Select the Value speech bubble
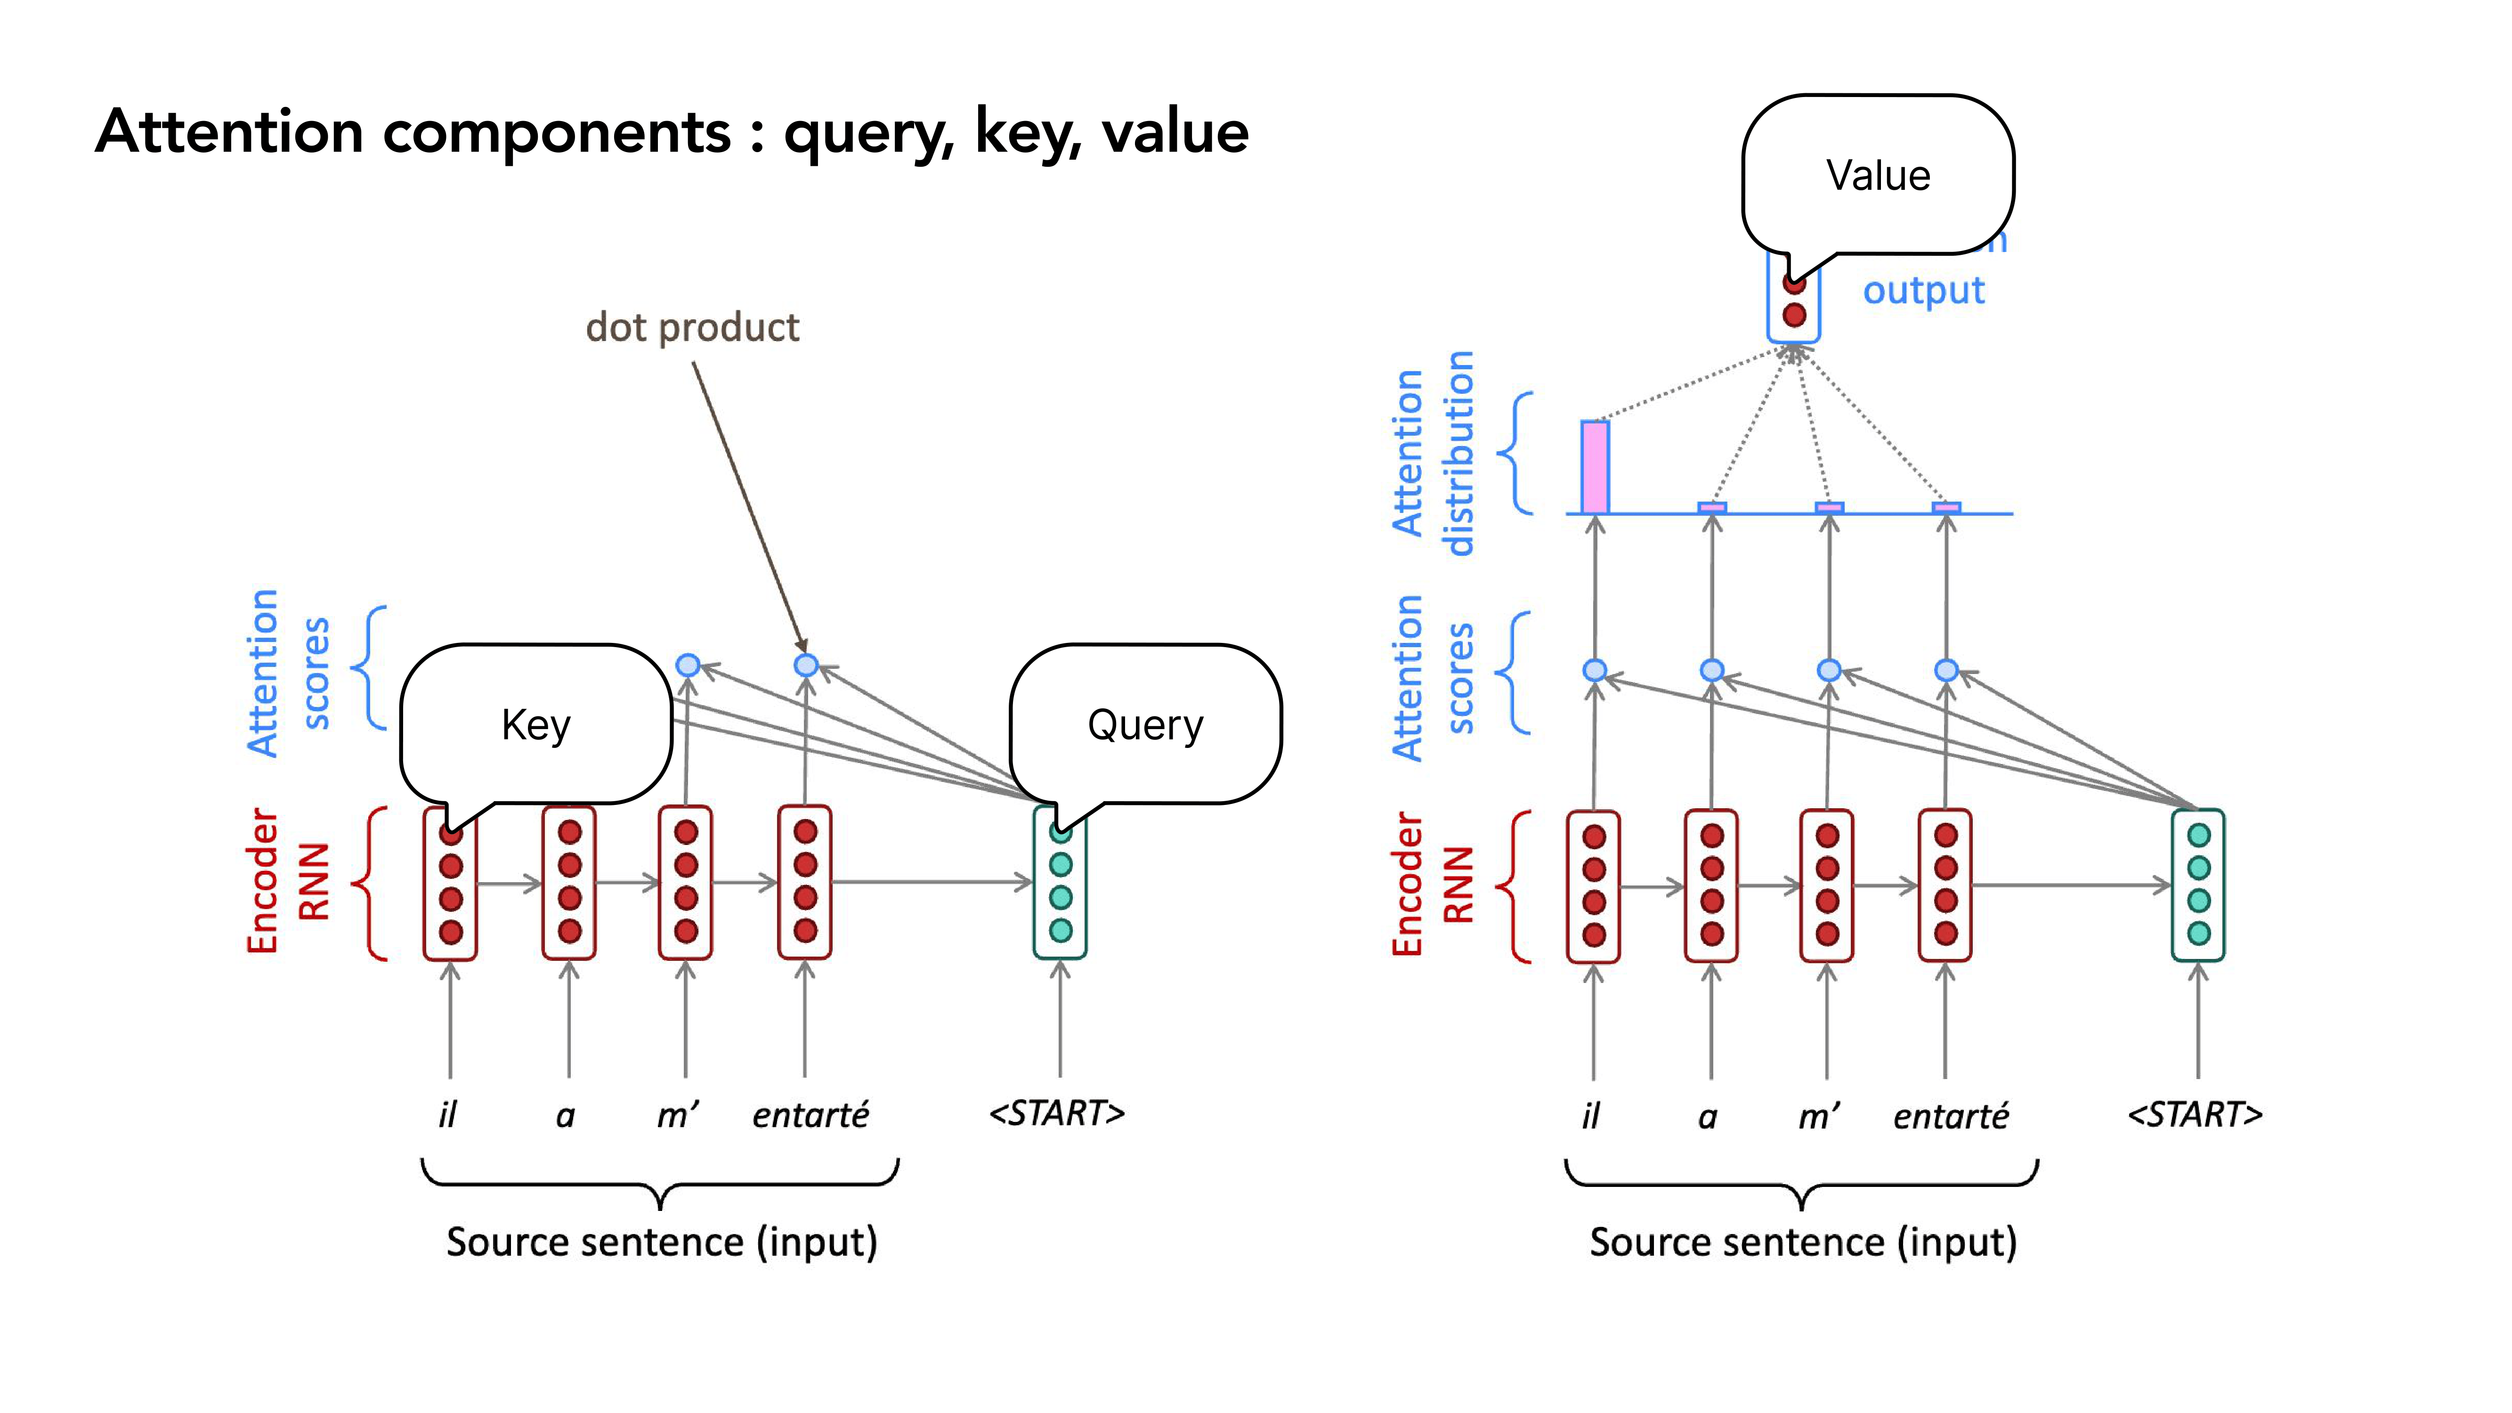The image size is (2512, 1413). (x=1877, y=176)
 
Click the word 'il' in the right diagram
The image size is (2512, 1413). (x=1590, y=1116)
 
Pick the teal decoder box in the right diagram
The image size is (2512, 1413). (x=2198, y=885)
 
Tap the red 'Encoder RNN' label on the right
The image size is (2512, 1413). (x=1432, y=885)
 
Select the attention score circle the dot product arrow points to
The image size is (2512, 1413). (x=805, y=665)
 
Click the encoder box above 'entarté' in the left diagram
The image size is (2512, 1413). (x=804, y=882)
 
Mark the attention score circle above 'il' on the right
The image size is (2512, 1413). (x=1595, y=670)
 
